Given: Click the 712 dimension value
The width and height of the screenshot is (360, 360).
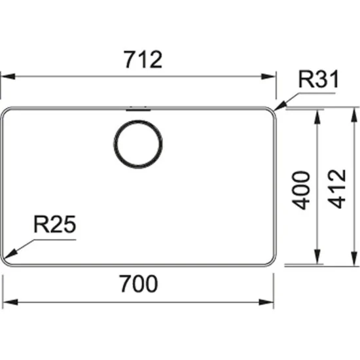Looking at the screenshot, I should (x=141, y=60).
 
